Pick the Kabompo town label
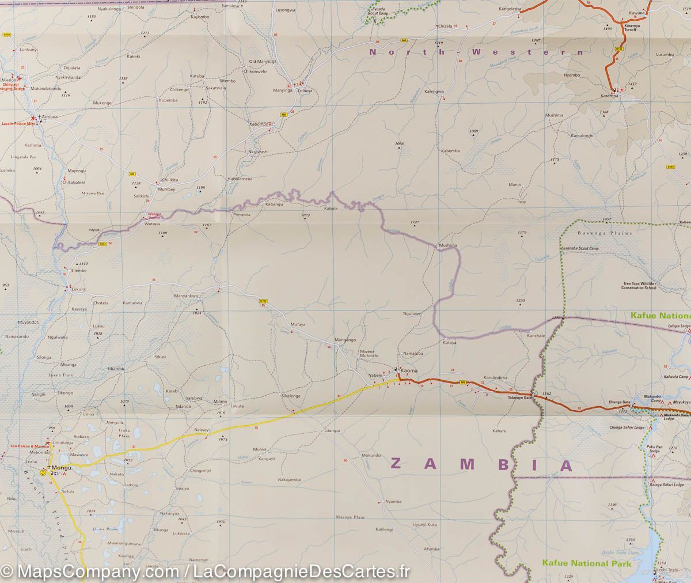click(259, 124)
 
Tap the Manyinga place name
click(283, 90)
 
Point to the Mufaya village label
click(298, 324)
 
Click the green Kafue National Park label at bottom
click(586, 563)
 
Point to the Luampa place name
click(332, 430)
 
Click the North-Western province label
click(468, 52)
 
